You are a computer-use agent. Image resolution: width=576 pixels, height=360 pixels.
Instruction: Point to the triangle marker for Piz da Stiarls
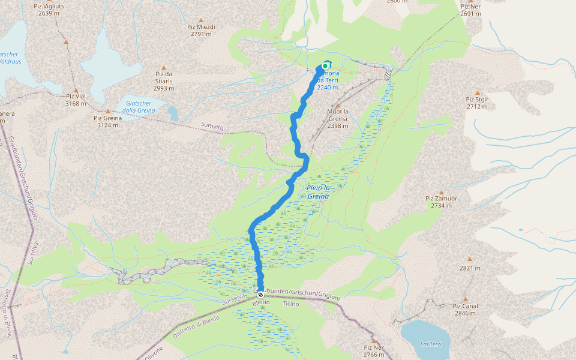coord(163,67)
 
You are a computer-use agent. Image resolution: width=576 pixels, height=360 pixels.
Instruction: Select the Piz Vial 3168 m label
coord(76,100)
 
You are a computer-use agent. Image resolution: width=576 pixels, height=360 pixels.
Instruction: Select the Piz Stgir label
coord(478,103)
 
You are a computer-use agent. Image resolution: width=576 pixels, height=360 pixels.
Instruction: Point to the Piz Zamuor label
coord(441,202)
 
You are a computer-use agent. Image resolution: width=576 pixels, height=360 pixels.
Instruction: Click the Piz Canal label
coord(466,309)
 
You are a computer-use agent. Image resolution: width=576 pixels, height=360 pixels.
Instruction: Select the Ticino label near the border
coord(290,304)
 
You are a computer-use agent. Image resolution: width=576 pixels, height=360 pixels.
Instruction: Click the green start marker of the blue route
coord(325,66)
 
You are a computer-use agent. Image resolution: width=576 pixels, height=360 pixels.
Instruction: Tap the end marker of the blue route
coord(260,295)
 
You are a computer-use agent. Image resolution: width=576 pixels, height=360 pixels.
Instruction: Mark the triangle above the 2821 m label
coord(470,259)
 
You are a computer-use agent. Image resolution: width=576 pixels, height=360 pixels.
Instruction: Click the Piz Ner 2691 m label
coord(471,10)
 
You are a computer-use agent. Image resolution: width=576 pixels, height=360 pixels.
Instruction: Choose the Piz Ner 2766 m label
coord(374,350)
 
